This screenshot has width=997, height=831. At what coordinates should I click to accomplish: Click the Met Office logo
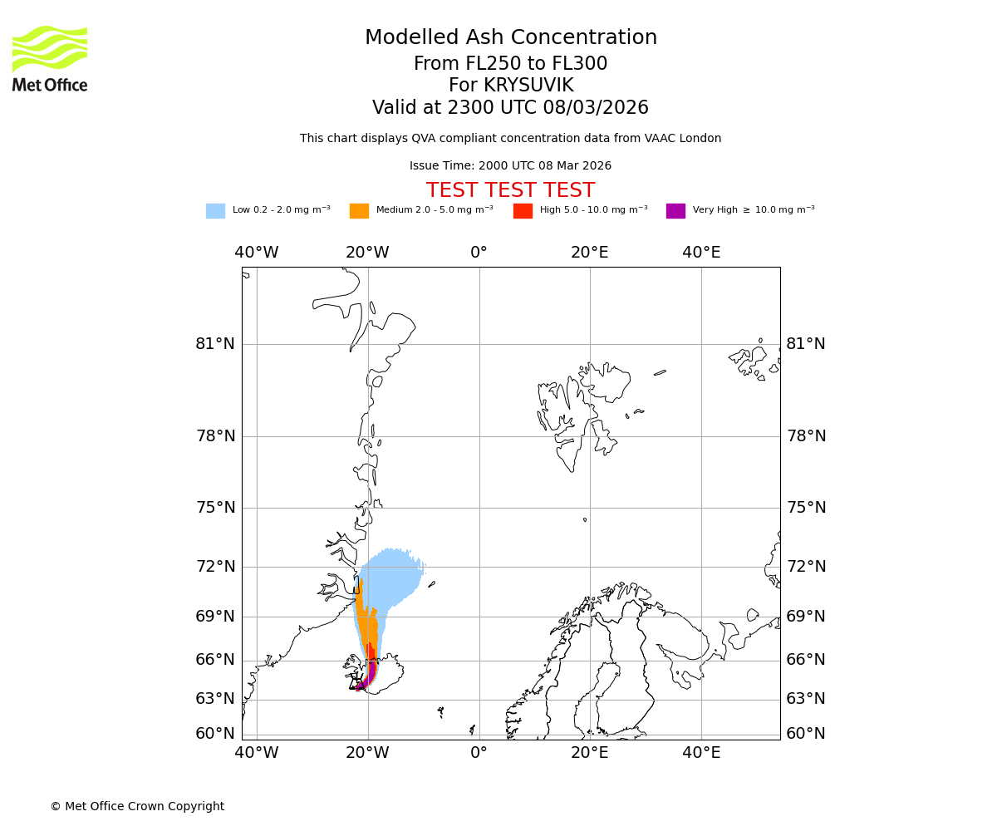50,58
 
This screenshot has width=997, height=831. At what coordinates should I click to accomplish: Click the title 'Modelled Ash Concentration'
511,38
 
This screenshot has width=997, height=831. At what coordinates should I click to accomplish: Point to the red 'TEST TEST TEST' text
510,191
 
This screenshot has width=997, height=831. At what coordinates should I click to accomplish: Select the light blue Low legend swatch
215,211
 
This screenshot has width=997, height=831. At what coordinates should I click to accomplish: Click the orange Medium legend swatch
359,211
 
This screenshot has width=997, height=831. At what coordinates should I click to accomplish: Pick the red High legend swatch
523,211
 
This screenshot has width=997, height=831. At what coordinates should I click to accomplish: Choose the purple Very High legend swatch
675,211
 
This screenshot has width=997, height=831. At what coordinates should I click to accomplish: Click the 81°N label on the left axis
215,344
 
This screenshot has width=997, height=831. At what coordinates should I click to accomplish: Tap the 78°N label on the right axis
806,436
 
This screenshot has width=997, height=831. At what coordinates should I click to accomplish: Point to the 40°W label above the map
256,253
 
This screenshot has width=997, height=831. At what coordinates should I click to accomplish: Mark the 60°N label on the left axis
215,734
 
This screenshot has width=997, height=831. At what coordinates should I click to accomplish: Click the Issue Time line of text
510,166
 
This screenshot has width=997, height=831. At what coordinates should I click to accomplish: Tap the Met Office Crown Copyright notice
137,807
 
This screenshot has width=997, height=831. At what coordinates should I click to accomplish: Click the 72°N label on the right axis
806,567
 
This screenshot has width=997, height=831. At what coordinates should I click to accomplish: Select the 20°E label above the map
590,253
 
